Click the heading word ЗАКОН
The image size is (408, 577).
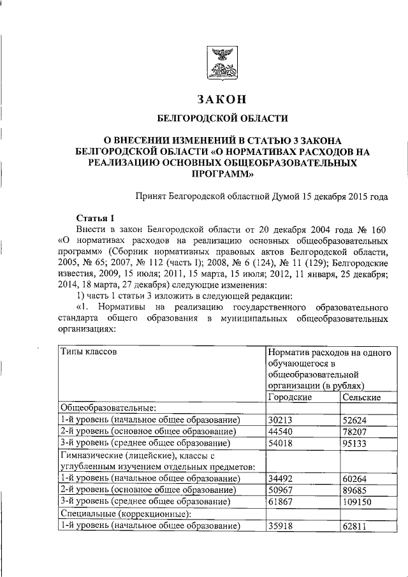pyautogui.click(x=222, y=99)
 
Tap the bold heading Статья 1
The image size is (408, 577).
pyautogui.click(x=96, y=217)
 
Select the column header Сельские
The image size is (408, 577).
pyautogui.click(x=361, y=397)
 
